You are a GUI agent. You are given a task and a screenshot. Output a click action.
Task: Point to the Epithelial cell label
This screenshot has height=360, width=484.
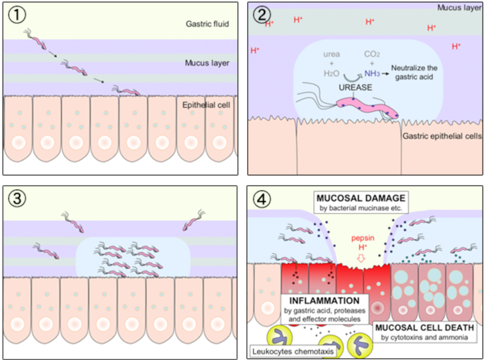(x=206, y=105)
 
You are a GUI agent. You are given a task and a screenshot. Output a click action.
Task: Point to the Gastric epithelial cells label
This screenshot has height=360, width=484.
(x=442, y=136)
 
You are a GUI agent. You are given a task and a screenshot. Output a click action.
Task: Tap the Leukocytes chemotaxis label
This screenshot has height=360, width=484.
(x=293, y=350)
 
